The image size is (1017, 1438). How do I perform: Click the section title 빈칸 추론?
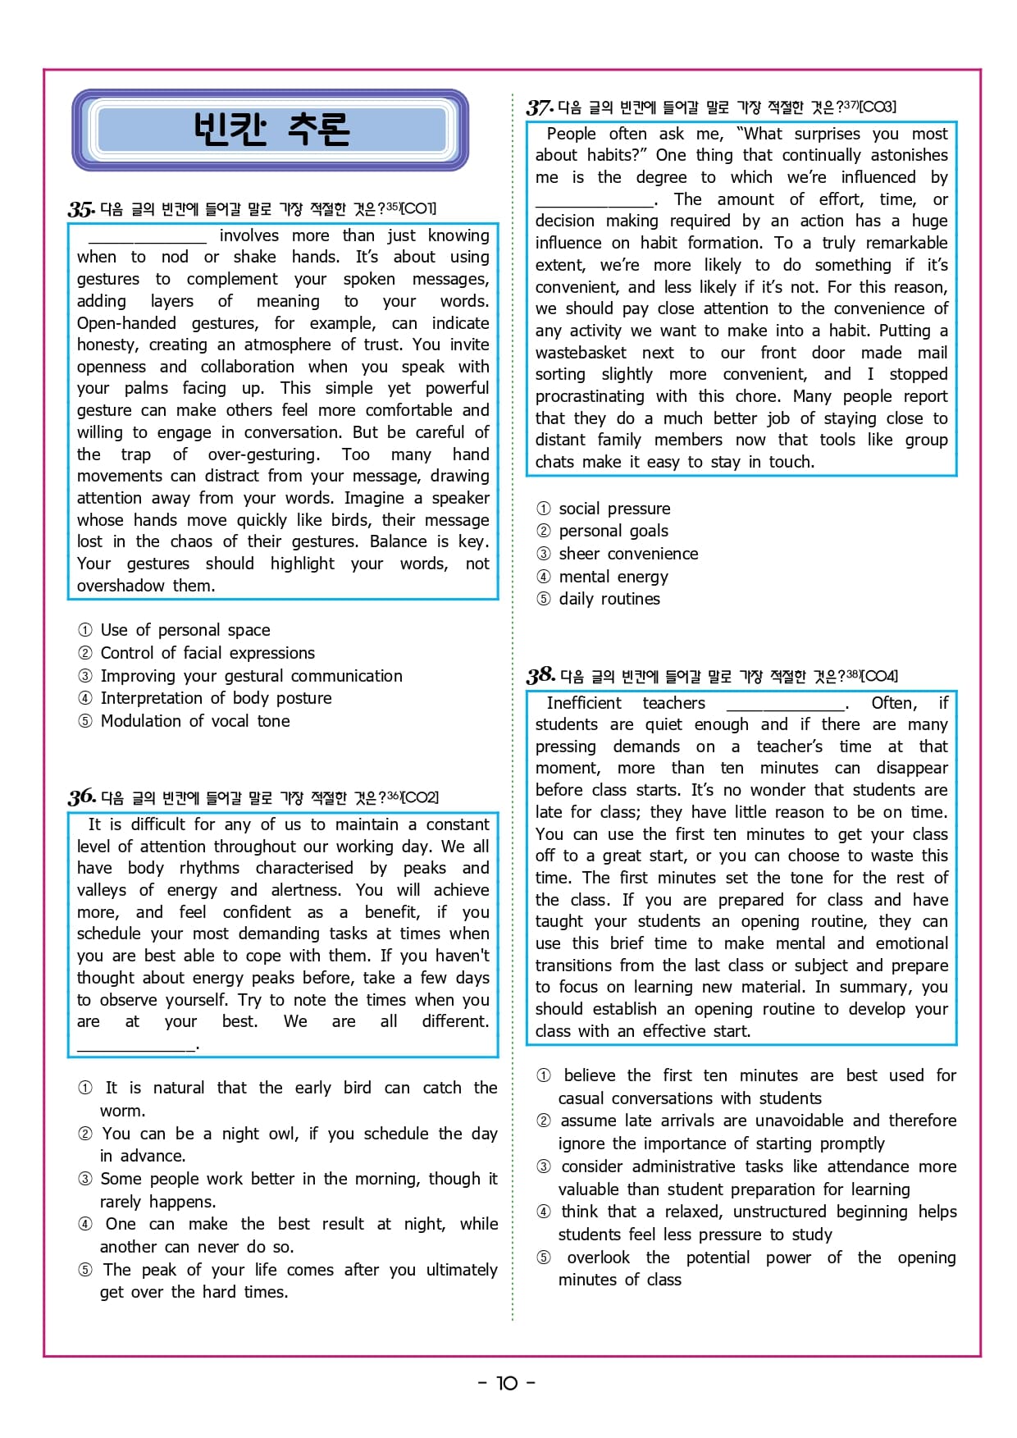coord(271,129)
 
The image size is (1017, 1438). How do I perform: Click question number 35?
coord(81,209)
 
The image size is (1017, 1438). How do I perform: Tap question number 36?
coord(82,797)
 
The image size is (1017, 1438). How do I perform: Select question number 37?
coord(540,107)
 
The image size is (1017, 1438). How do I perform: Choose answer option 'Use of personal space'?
coord(185,630)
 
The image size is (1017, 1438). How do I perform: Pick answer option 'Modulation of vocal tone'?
coord(194,721)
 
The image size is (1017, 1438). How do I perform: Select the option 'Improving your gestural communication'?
coord(251,676)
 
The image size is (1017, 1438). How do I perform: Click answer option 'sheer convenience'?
coord(628,554)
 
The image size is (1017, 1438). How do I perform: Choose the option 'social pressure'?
coord(614,509)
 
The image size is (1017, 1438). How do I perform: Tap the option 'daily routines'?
coord(609,599)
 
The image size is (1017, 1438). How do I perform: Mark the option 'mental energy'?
coord(613,577)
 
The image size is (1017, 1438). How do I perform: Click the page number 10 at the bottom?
coord(507,1383)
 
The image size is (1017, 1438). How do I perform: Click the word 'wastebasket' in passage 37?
coord(581,353)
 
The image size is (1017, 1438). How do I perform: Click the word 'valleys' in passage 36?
coord(102,890)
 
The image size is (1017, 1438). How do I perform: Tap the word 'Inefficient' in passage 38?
coord(584,703)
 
